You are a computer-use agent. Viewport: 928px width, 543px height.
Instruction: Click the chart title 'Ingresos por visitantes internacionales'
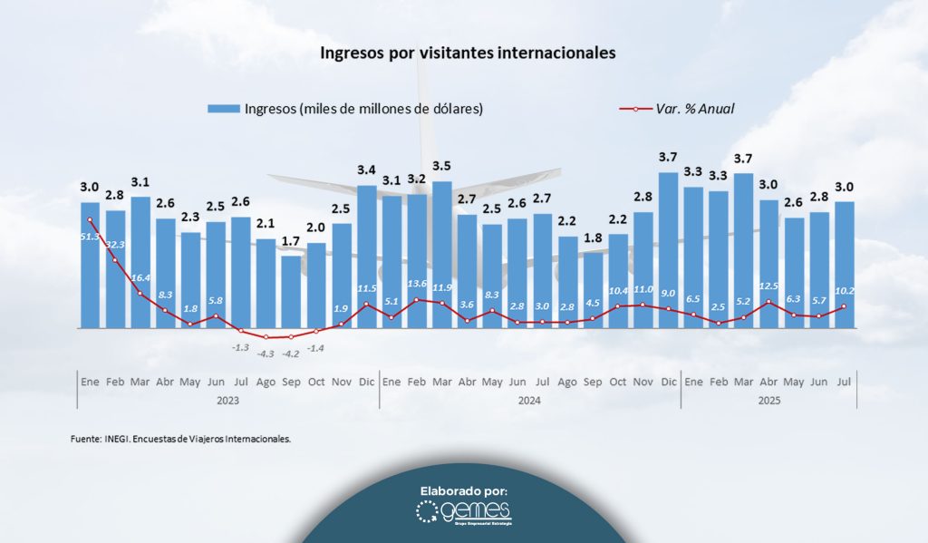(x=468, y=53)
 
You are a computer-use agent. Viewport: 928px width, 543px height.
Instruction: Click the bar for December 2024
(x=668, y=249)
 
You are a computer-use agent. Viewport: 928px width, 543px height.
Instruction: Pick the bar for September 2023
(x=291, y=291)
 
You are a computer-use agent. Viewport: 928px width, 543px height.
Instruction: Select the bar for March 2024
(x=441, y=254)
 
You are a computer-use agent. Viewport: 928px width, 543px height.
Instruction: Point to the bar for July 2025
(x=844, y=264)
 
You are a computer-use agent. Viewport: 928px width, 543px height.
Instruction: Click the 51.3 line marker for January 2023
(x=90, y=219)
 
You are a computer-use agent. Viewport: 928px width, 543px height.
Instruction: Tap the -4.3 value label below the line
(x=265, y=354)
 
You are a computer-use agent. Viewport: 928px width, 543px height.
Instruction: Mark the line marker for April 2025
(x=768, y=302)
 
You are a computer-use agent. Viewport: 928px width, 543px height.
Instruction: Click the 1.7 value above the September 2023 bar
(x=291, y=243)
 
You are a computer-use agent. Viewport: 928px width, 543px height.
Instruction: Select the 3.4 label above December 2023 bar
(x=366, y=170)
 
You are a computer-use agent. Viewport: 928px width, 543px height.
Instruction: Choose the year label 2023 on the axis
(x=228, y=402)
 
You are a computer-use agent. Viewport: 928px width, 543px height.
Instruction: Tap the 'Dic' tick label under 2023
(x=366, y=382)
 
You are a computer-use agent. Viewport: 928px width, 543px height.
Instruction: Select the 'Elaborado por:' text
(x=464, y=490)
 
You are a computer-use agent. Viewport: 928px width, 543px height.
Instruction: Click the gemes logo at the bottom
(x=464, y=513)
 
